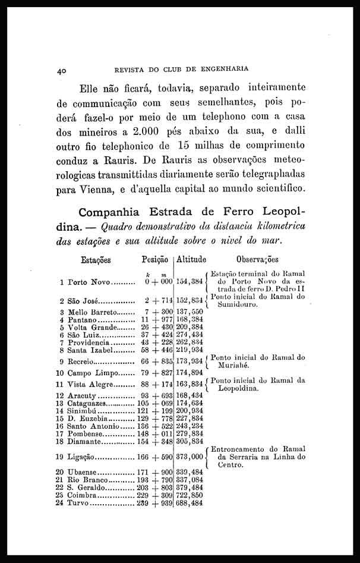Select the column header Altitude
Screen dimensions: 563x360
point(191,260)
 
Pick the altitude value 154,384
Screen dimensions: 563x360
point(190,282)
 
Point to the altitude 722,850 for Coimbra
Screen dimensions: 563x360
point(190,495)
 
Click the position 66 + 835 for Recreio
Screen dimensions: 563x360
point(157,361)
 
